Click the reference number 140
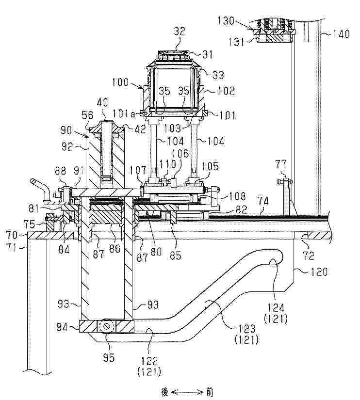pos(341,34)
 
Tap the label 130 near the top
pos(226,21)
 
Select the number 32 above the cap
pos(180,32)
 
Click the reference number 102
pos(226,91)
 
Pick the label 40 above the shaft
pos(102,102)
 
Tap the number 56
pos(87,115)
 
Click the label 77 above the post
pos(281,164)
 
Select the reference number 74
pos(263,202)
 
